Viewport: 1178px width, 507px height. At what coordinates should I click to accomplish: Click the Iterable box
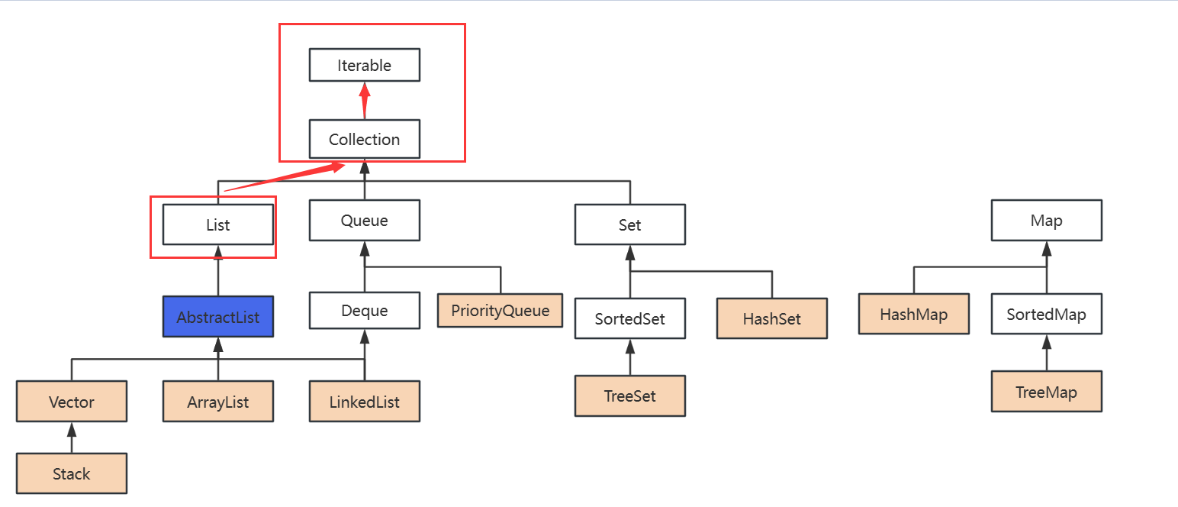(x=364, y=66)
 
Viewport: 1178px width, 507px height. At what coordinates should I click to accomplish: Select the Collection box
(x=364, y=140)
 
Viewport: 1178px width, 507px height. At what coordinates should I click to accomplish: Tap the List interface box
(x=218, y=225)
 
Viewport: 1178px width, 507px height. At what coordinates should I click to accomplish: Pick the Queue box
(x=364, y=221)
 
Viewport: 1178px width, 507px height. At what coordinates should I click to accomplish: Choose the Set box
(x=629, y=225)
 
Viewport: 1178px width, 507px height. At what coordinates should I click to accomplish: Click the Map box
(x=1046, y=221)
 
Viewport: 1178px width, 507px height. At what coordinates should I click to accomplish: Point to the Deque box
(x=364, y=311)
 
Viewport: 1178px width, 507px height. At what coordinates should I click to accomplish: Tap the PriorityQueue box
(x=500, y=311)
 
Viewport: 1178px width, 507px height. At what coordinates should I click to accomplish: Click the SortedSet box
(x=629, y=319)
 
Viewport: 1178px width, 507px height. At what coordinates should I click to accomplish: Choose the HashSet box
(x=771, y=319)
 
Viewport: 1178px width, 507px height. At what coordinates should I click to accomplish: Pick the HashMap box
(x=913, y=315)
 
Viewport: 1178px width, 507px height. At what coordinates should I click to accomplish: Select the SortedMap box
(x=1046, y=315)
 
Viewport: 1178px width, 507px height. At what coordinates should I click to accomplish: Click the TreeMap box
(x=1046, y=392)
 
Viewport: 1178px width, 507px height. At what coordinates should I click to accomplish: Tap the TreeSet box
(x=629, y=396)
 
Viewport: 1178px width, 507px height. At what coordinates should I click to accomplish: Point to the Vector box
(x=72, y=402)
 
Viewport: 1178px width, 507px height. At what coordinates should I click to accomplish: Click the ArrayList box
(x=218, y=402)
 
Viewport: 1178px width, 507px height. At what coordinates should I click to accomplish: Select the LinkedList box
(x=364, y=402)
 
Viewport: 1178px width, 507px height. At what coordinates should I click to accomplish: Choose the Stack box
(x=72, y=474)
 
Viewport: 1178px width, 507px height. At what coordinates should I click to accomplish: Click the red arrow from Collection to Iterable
(x=365, y=100)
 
